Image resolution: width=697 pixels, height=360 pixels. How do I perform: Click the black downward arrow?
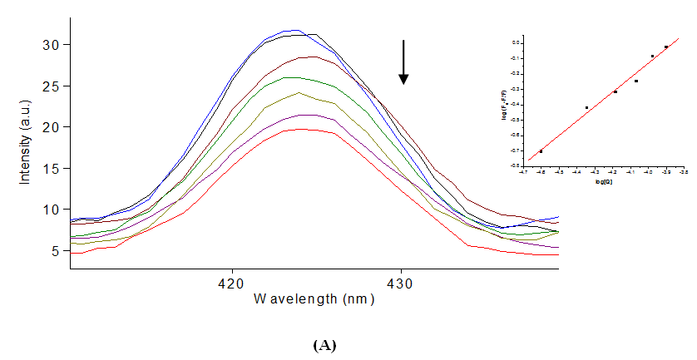pyautogui.click(x=403, y=62)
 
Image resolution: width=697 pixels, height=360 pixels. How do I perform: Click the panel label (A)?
pyautogui.click(x=324, y=345)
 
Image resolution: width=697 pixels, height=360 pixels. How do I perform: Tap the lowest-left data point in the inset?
pyautogui.click(x=541, y=151)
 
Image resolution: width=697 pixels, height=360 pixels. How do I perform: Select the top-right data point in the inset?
pyautogui.click(x=666, y=47)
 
